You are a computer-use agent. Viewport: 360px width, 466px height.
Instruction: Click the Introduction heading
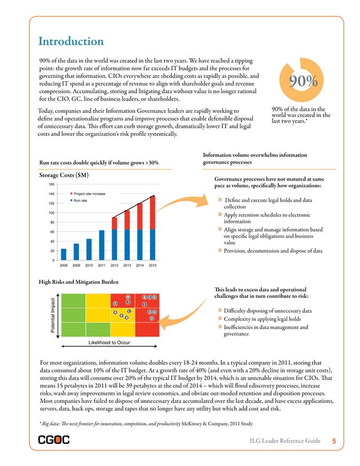tap(71, 42)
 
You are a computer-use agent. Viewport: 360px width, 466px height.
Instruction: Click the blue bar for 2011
tap(102, 245)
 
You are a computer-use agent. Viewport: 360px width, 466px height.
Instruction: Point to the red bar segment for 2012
tap(115, 223)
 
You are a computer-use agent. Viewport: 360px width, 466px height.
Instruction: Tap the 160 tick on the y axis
tap(51, 184)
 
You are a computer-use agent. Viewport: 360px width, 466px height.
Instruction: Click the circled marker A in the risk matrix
tap(115, 313)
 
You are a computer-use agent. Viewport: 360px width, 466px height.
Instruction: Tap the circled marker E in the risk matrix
tap(115, 304)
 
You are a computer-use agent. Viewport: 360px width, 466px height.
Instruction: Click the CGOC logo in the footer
tap(54, 441)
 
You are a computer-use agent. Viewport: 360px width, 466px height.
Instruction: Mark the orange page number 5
tap(334, 441)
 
